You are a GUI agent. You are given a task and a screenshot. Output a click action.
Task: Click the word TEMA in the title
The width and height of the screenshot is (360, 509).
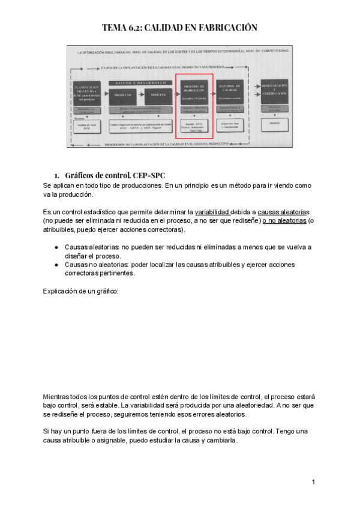pyautogui.click(x=113, y=28)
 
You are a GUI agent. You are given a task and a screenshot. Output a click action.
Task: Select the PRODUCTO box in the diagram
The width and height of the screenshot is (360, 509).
pyautogui.click(x=124, y=95)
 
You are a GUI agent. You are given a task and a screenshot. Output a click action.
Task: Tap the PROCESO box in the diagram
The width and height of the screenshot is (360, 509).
pyautogui.click(x=157, y=95)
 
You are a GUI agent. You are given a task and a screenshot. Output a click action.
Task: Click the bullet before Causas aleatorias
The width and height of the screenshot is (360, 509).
pyautogui.click(x=56, y=247)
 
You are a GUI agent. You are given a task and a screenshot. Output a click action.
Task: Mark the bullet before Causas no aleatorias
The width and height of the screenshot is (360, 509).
pyautogui.click(x=56, y=265)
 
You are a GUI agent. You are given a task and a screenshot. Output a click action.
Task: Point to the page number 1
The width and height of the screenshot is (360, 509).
pyautogui.click(x=313, y=482)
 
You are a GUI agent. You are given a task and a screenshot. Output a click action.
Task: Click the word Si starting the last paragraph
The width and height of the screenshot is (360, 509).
pyautogui.click(x=46, y=432)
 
